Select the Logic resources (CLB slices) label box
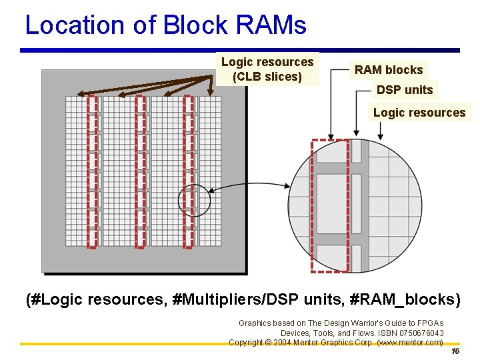pyautogui.click(x=267, y=69)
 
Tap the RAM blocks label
pyautogui.click(x=389, y=70)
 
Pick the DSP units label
pyautogui.click(x=405, y=90)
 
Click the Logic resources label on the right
pyautogui.click(x=419, y=113)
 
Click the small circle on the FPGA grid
pyautogui.click(x=195, y=200)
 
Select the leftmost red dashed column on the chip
pyautogui.click(x=93, y=171)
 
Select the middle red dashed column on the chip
pyautogui.click(x=140, y=171)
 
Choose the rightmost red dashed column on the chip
pyautogui.click(x=188, y=171)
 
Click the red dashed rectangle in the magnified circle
pyautogui.click(x=330, y=205)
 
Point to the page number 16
pyautogui.click(x=455, y=351)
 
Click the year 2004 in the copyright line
pyautogui.click(x=283, y=342)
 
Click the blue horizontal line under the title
pyautogui.click(x=240, y=50)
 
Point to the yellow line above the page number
pyautogui.click(x=240, y=345)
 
